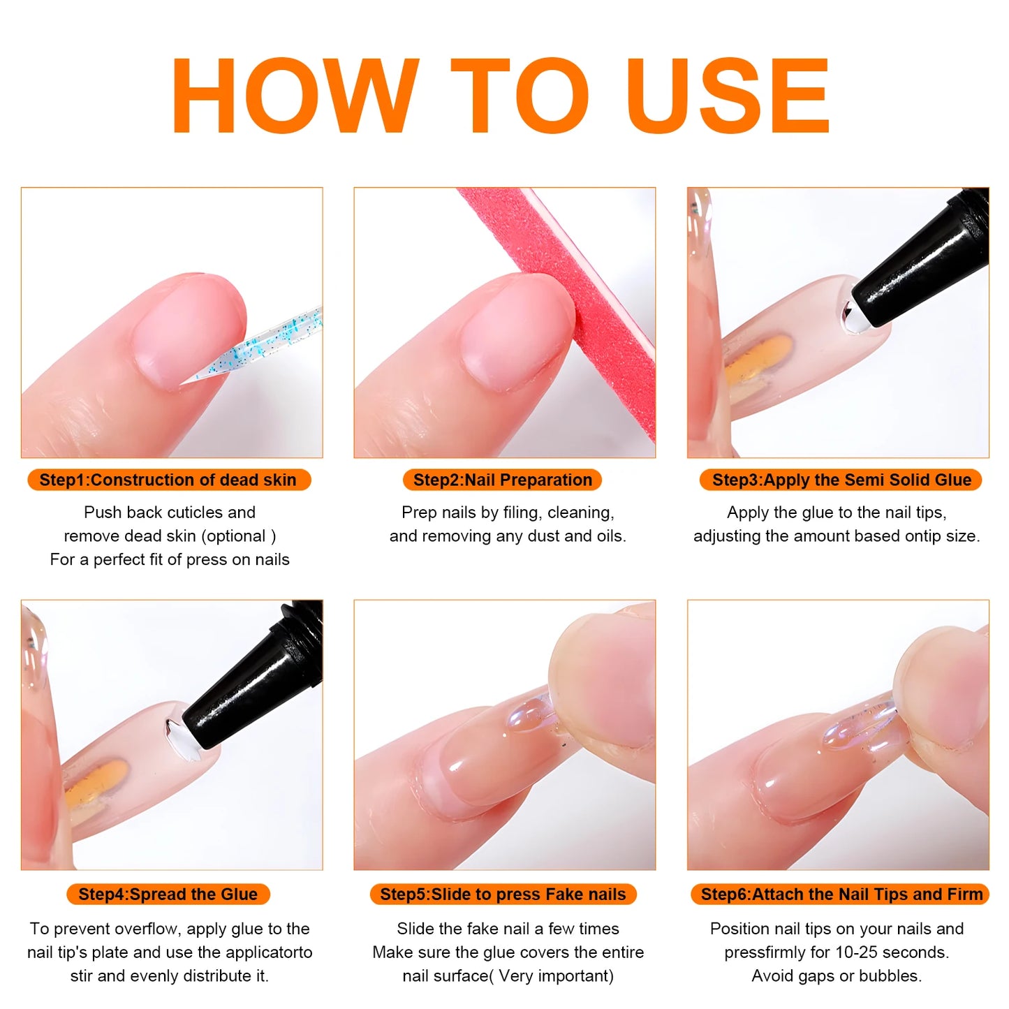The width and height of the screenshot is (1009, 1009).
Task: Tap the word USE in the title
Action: pos(728,96)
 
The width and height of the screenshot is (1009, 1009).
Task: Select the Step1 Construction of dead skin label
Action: pos(168,480)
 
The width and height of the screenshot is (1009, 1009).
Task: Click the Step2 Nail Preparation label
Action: pos(502,480)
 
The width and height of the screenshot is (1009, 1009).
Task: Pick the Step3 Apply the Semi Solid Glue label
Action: pos(841,480)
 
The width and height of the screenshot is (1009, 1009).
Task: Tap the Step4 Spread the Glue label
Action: pos(168,894)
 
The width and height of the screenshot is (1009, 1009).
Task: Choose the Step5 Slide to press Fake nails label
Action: pos(503,894)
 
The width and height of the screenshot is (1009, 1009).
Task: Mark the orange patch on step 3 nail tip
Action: pos(758,358)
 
